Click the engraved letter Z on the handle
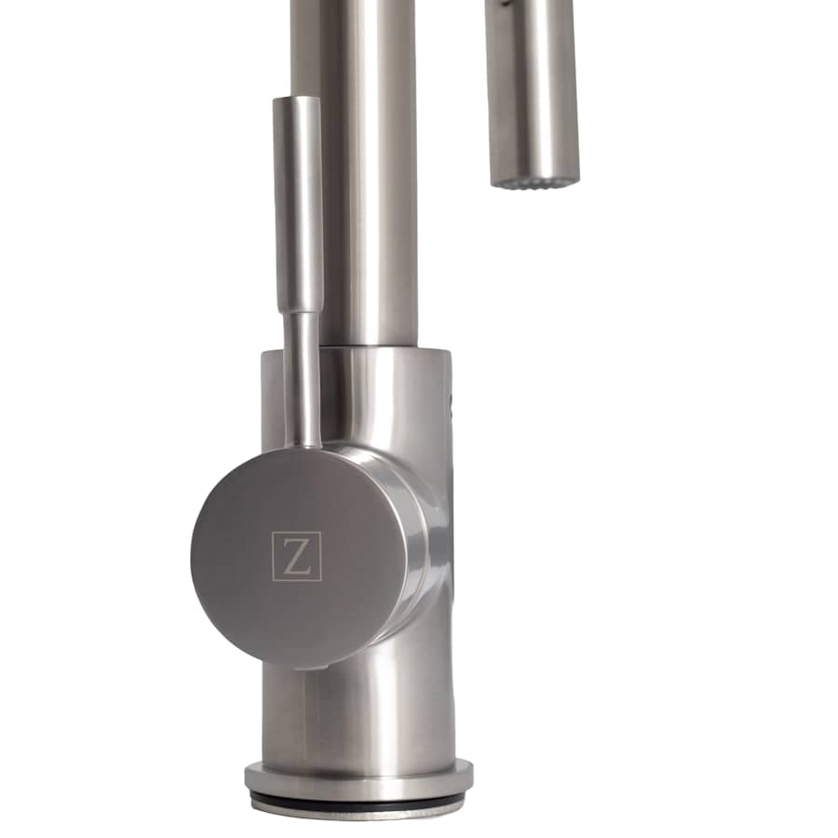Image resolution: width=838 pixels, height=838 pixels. (297, 557)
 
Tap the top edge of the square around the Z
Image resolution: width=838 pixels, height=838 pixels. (297, 533)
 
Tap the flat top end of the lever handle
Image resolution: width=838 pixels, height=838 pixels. (297, 99)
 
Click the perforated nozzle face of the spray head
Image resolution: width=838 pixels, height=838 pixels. (534, 179)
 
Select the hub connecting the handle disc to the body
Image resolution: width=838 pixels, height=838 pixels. (410, 540)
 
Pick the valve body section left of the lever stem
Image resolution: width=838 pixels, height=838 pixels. (272, 400)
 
